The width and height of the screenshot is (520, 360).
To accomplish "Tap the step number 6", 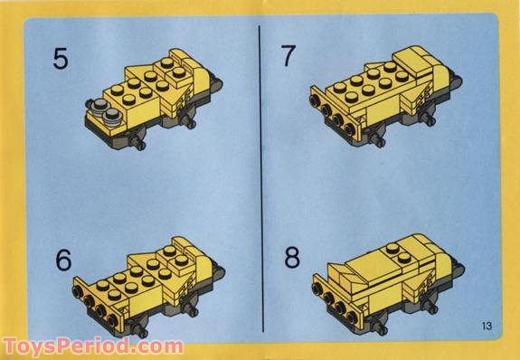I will click(x=62, y=259).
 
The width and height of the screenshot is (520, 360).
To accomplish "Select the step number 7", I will click(x=288, y=56).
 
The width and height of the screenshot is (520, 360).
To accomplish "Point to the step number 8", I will click(x=291, y=257).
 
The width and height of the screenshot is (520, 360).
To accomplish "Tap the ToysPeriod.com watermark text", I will click(x=92, y=346).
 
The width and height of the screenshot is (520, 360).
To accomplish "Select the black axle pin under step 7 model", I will click(x=381, y=142).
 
